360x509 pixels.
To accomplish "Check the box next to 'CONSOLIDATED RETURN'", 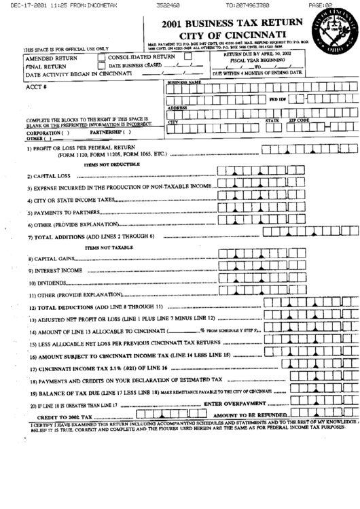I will [x=101, y=57].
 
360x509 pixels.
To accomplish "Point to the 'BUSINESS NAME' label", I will [x=185, y=82].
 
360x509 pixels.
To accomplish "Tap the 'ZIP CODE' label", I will [x=300, y=120].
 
